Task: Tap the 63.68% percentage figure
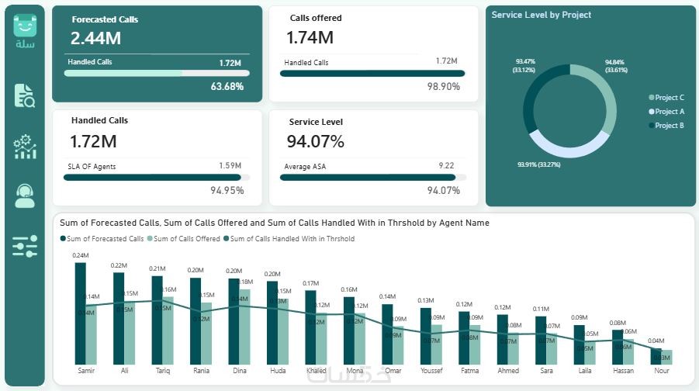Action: [227, 86]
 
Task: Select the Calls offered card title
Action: [316, 18]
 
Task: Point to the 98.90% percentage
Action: [444, 86]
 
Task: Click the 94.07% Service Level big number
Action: [315, 141]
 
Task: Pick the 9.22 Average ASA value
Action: [446, 165]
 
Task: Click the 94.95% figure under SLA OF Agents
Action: [227, 190]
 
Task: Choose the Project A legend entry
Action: [669, 112]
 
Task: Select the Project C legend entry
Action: [669, 98]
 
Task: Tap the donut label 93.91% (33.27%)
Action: [538, 164]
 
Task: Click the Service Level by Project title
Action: [542, 15]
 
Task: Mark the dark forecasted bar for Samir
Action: [80, 313]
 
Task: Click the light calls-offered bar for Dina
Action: [245, 327]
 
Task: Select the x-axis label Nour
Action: [662, 371]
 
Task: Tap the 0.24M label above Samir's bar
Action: [81, 255]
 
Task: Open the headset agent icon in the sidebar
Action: [25, 195]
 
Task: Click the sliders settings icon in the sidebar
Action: [25, 246]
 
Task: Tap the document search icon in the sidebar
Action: [25, 95]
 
